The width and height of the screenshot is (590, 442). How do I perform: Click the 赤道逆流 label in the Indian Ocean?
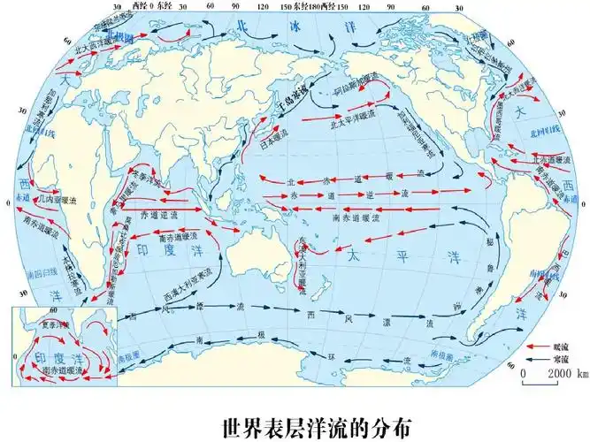pos(159,214)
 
